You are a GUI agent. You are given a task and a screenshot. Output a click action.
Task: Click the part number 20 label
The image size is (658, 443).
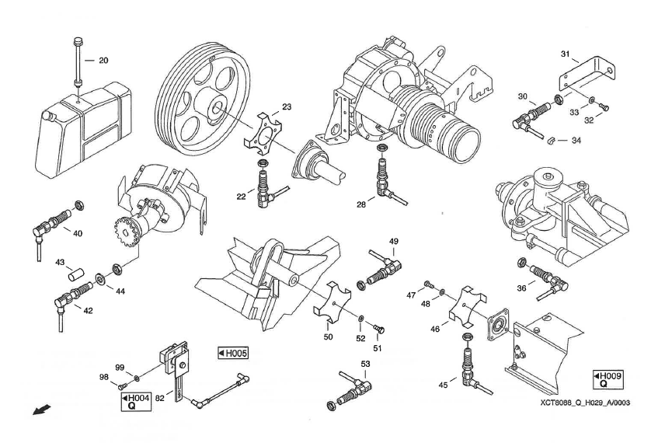(x=103, y=60)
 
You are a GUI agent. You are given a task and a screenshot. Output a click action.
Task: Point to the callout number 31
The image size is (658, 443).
(x=566, y=54)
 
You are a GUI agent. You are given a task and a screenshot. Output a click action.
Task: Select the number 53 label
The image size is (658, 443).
(x=366, y=364)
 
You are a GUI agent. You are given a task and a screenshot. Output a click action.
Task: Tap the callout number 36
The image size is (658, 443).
(x=521, y=288)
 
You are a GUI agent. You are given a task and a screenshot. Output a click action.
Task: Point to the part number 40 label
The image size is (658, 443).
(x=78, y=233)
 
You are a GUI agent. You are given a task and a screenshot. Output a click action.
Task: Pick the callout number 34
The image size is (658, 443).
(x=576, y=140)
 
